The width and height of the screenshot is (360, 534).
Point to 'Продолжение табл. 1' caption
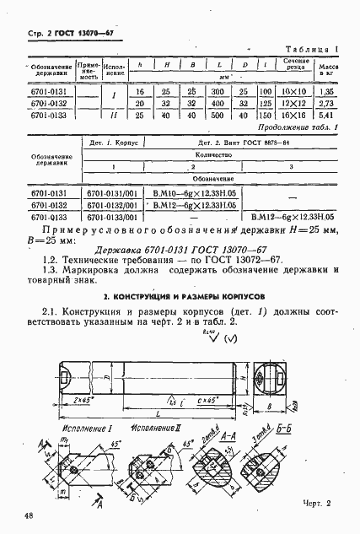(x=293, y=127)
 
